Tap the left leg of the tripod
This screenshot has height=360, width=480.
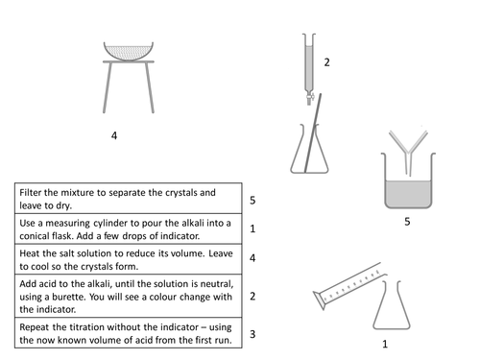pos(108,87)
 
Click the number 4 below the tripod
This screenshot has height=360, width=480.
pos(114,135)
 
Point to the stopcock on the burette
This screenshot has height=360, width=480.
pos(310,97)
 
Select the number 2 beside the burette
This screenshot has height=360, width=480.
pos(326,62)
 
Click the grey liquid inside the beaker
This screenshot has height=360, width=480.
pos(408,194)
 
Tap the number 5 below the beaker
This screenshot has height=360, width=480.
pos(407,222)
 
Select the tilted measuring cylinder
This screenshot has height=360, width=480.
pos(349,285)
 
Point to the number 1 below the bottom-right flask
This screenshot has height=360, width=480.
pos(385,344)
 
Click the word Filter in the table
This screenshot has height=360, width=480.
pos(31,193)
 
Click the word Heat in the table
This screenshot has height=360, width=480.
pos(30,253)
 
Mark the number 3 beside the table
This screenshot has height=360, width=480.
pos(252,334)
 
